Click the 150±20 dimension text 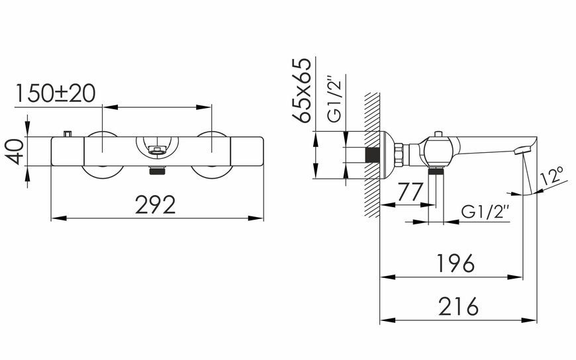coord(56,93)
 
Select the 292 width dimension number coord(156,204)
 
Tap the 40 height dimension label coord(15,152)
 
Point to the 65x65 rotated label coord(302,89)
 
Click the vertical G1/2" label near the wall coord(334,99)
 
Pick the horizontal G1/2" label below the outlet coord(485,212)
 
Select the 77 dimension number coord(410,192)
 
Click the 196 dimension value coord(456,263)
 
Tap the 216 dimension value coord(458,306)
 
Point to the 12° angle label coord(552,176)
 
